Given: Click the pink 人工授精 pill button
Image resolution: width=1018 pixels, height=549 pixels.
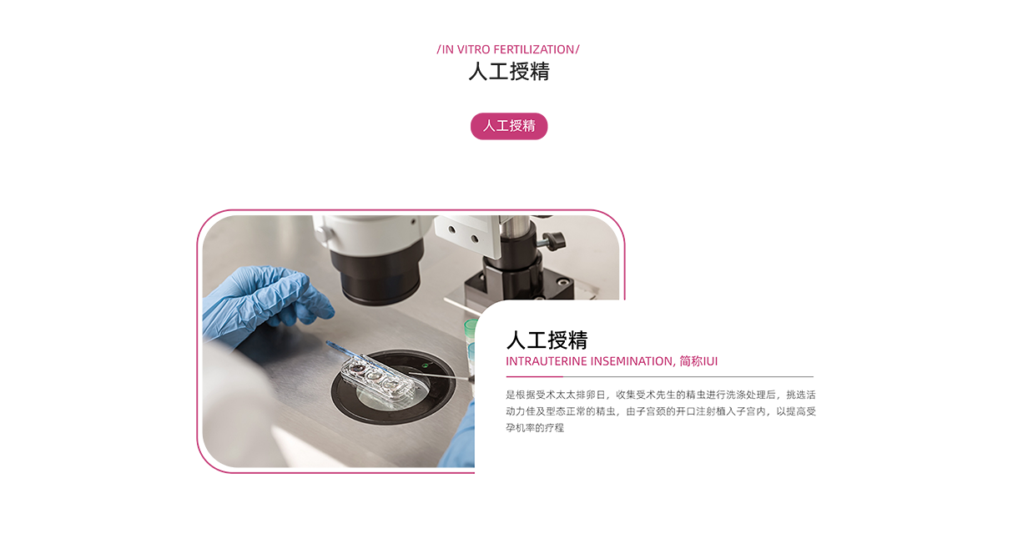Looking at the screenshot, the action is click(x=508, y=126).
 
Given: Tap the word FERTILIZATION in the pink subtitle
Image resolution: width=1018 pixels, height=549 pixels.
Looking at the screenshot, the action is click(x=534, y=49).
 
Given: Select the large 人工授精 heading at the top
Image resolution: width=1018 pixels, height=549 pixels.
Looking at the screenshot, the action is click(x=509, y=72).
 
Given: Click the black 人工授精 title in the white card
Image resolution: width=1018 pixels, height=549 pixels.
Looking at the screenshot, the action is click(x=547, y=340).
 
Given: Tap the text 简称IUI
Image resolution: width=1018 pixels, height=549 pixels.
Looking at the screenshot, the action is click(x=698, y=361).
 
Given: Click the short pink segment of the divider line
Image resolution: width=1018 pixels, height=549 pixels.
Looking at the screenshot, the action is click(x=534, y=377).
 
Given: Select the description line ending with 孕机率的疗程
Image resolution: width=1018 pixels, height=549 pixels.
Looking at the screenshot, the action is click(x=535, y=428).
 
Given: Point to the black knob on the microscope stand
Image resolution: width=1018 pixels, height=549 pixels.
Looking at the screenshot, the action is click(x=556, y=239).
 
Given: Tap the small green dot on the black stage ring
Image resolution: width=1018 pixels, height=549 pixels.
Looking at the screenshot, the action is click(x=425, y=365).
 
